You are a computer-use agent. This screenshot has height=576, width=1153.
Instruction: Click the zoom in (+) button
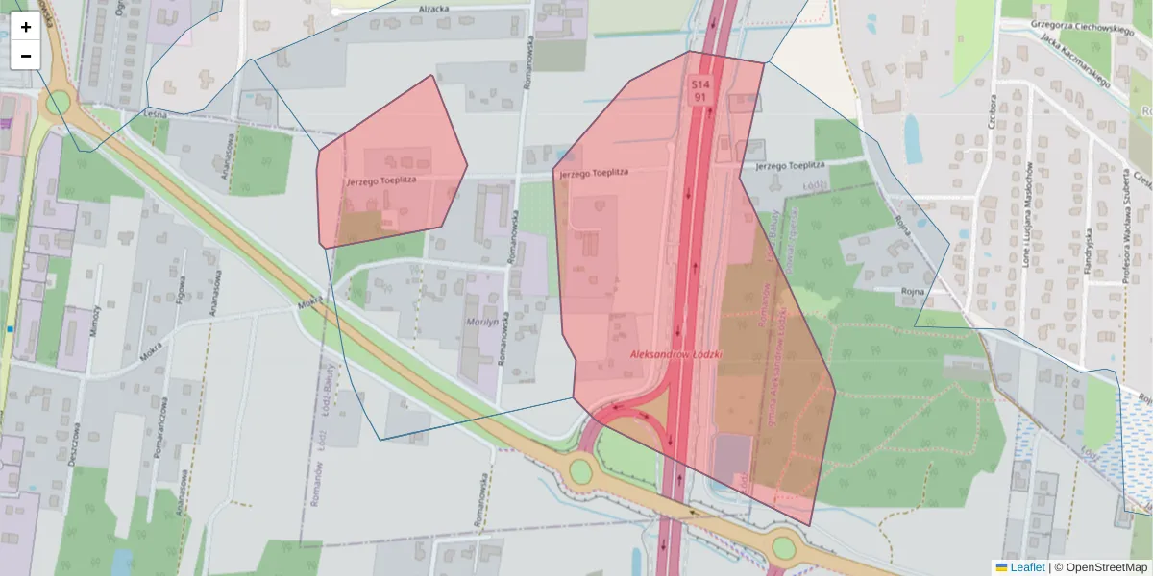coord(26,27)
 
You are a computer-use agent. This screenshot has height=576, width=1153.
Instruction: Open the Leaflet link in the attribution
coord(1026,567)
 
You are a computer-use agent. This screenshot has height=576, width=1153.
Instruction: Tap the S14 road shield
coord(699,84)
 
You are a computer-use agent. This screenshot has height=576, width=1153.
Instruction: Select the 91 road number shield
coord(699,97)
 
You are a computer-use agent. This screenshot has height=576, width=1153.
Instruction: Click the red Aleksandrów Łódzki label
coord(676,353)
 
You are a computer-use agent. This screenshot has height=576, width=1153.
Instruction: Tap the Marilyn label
coord(482,323)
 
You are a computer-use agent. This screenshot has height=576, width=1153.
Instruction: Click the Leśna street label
coord(155,113)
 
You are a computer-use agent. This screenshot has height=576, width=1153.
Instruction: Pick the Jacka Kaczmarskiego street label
coord(1074,62)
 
